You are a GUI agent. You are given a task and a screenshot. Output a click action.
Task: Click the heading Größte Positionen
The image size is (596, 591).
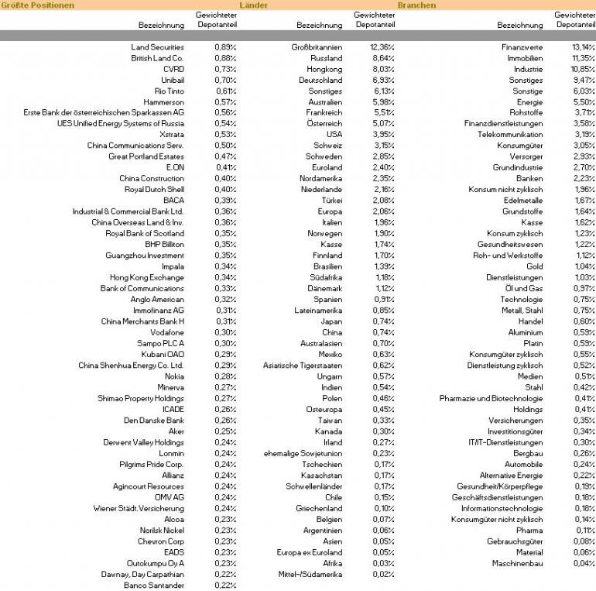click(x=38, y=5)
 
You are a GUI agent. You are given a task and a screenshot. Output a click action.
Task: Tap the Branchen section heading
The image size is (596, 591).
click(x=416, y=5)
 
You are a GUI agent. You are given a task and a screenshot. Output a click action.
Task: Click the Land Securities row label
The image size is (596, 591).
click(x=157, y=47)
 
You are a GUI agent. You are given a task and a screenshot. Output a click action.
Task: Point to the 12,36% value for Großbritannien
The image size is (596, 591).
click(x=382, y=47)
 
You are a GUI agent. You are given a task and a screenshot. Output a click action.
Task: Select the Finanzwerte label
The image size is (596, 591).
click(x=522, y=47)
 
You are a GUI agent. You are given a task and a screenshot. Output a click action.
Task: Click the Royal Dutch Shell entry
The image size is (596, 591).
click(x=154, y=190)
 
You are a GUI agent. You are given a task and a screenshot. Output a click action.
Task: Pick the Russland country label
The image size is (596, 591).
click(x=326, y=58)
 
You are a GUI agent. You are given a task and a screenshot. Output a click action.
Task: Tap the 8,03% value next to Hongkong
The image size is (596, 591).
click(x=382, y=69)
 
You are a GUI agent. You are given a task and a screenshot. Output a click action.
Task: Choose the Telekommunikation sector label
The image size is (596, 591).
click(x=510, y=135)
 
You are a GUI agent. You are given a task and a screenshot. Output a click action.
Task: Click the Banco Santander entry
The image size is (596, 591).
click(x=154, y=586)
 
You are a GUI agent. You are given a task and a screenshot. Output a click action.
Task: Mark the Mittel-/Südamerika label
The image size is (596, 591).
click(x=310, y=575)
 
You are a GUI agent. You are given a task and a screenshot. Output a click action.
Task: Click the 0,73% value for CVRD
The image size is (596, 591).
click(x=225, y=69)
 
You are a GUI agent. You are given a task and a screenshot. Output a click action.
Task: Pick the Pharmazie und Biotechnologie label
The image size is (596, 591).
click(x=491, y=398)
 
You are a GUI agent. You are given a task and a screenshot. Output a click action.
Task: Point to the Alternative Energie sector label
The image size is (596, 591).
click(x=511, y=475)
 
